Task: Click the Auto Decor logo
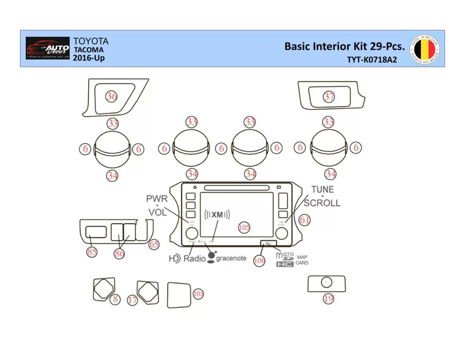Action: (x=48, y=48)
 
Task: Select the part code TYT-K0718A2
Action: (x=372, y=60)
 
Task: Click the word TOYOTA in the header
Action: (x=91, y=41)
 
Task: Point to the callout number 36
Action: (x=111, y=97)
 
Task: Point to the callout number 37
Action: (x=329, y=97)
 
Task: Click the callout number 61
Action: (x=304, y=220)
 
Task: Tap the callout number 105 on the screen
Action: (x=244, y=227)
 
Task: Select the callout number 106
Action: (x=259, y=260)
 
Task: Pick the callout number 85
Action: (x=92, y=252)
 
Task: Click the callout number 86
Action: (x=120, y=254)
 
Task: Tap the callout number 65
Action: (x=154, y=245)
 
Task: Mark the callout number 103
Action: (x=198, y=294)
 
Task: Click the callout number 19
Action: (x=328, y=299)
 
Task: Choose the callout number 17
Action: (x=133, y=301)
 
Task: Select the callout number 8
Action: (x=115, y=299)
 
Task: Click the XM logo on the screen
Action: (x=217, y=215)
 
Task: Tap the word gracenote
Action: (x=231, y=258)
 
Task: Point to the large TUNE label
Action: (x=323, y=189)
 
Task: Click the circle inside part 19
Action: (x=326, y=283)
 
